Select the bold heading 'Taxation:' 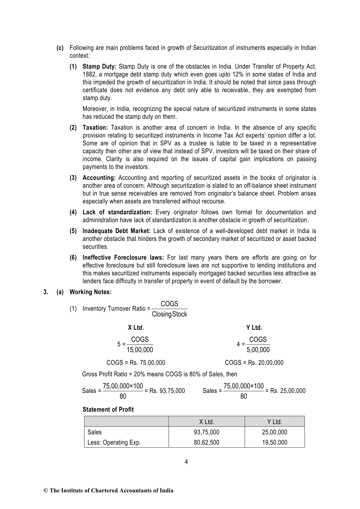[x=95, y=128]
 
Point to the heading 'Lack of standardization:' [x=117, y=212]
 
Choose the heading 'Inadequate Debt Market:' [x=116, y=231]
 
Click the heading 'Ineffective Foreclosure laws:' [x=123, y=258]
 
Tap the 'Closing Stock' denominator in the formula [x=169, y=314]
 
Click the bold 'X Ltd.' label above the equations [x=136, y=328]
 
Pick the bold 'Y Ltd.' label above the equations [x=254, y=328]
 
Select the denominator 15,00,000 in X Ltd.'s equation [x=140, y=350]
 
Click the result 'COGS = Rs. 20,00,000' [x=254, y=363]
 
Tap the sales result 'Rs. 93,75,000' [x=167, y=391]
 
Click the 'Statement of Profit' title [x=108, y=410]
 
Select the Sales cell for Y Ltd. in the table [x=274, y=432]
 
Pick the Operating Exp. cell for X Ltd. [x=206, y=443]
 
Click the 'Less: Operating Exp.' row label [x=114, y=443]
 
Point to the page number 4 [x=186, y=462]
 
